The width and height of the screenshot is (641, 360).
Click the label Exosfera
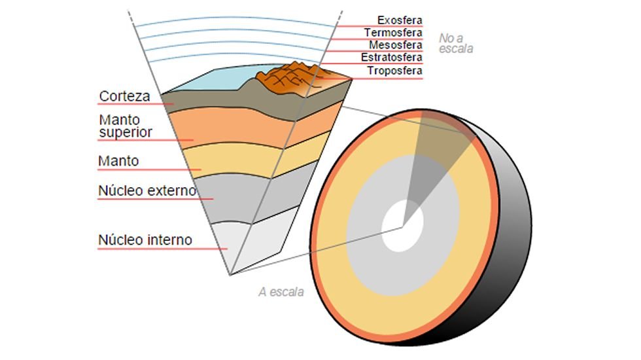click(x=400, y=20)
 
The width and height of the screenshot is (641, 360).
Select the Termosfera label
click(x=393, y=33)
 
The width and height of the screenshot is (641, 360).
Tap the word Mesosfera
click(x=395, y=45)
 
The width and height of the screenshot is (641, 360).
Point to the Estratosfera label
click(x=391, y=58)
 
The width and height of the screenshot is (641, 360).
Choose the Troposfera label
click(x=394, y=71)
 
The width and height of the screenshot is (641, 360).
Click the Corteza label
click(x=124, y=96)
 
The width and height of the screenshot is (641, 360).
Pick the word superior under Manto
click(x=126, y=132)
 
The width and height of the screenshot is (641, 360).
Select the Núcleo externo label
click(x=147, y=190)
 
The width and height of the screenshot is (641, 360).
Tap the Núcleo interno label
click(x=145, y=240)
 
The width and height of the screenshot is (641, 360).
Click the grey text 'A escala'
click(x=281, y=292)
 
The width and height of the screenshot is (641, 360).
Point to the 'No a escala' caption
click(x=455, y=43)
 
